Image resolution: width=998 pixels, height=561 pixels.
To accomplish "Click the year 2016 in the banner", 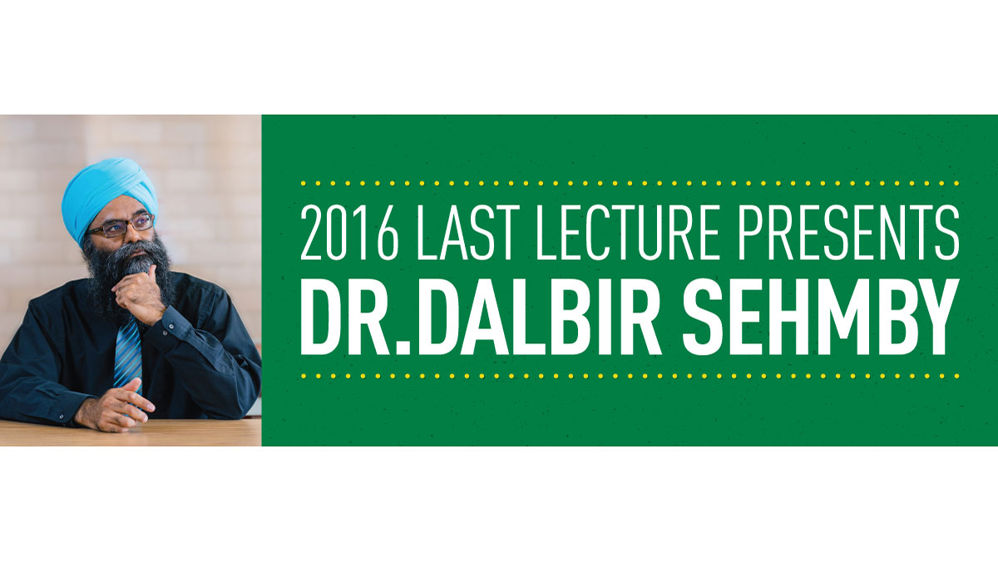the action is (x=349, y=233).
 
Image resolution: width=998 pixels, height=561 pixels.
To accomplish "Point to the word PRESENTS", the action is (x=848, y=233).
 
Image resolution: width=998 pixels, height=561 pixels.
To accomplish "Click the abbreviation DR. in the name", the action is (x=355, y=317).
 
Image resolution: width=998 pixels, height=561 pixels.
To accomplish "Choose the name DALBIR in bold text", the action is (x=539, y=317).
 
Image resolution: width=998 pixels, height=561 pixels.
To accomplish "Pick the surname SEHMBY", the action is (x=821, y=317).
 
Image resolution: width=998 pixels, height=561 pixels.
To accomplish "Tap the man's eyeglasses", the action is (x=121, y=226).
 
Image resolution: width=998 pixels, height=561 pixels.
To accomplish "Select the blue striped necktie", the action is (x=128, y=357).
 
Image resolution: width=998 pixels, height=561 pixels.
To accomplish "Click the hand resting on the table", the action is (x=115, y=408).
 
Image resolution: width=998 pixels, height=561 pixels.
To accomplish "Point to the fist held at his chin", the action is (x=137, y=294).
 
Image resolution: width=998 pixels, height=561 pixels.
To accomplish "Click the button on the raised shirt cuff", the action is (x=171, y=327).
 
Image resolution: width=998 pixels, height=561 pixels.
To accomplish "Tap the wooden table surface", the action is (x=130, y=433).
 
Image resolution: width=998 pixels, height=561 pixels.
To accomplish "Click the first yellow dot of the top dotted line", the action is (x=304, y=184).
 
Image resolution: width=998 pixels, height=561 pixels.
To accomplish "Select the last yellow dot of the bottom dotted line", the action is (x=956, y=376).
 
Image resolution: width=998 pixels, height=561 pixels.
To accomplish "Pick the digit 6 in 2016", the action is (x=388, y=233).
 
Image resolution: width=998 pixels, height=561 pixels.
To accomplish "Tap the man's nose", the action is (x=133, y=238).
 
